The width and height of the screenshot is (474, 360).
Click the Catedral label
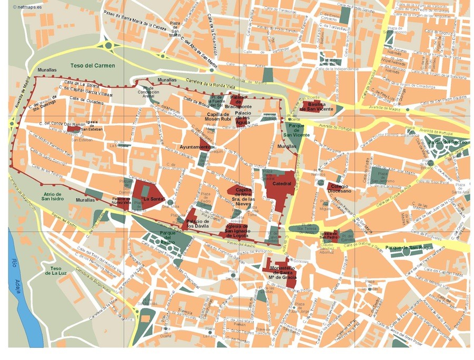pyautogui.click(x=279, y=183)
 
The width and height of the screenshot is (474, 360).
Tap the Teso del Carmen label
pyautogui.click(x=93, y=66)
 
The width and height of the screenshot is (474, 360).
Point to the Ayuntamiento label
pyautogui.click(x=195, y=147)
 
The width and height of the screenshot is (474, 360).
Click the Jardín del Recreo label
pyautogui.click(x=448, y=142)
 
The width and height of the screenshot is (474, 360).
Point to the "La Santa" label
pyautogui.click(x=153, y=199)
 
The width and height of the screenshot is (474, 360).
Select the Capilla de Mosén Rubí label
pyautogui.click(x=218, y=116)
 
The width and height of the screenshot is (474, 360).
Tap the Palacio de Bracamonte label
pyautogui.click(x=242, y=102)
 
